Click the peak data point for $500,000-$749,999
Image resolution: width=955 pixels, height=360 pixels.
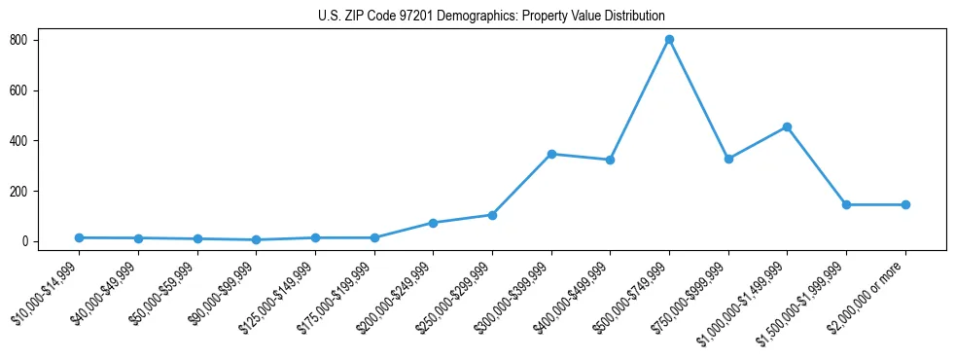669,40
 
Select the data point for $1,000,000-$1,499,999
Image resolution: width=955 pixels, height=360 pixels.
787,126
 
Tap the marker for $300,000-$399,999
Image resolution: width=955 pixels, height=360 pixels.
551,154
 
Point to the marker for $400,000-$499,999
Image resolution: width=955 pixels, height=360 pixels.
610,160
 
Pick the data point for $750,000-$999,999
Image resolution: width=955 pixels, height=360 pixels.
728,159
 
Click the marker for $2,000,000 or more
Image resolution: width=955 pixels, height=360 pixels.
905,204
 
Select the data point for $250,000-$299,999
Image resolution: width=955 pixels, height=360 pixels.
492,215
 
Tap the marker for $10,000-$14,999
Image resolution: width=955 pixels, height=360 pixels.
79,237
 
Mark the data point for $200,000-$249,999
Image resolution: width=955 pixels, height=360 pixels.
433,223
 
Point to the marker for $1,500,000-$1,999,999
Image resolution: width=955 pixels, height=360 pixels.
846,204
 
